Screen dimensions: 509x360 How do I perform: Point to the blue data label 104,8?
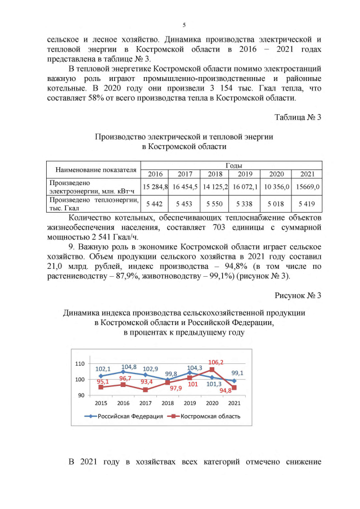pyautogui.click(x=129, y=367)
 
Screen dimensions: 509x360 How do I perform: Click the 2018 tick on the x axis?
pyautogui.click(x=167, y=404)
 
